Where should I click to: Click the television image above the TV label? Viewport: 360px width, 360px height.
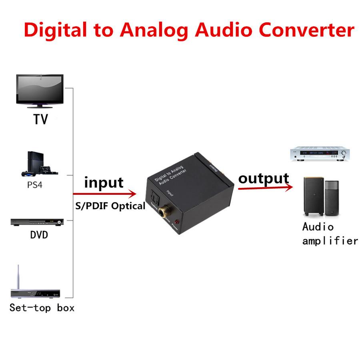40,90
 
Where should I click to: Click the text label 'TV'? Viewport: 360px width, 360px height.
40,119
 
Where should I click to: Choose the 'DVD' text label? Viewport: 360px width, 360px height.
39,235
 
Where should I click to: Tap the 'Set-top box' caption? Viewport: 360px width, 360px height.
42,308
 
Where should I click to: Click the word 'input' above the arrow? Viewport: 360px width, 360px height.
104,182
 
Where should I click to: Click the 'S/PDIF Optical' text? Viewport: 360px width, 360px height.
110,206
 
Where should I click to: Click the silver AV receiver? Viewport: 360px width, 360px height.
320,154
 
